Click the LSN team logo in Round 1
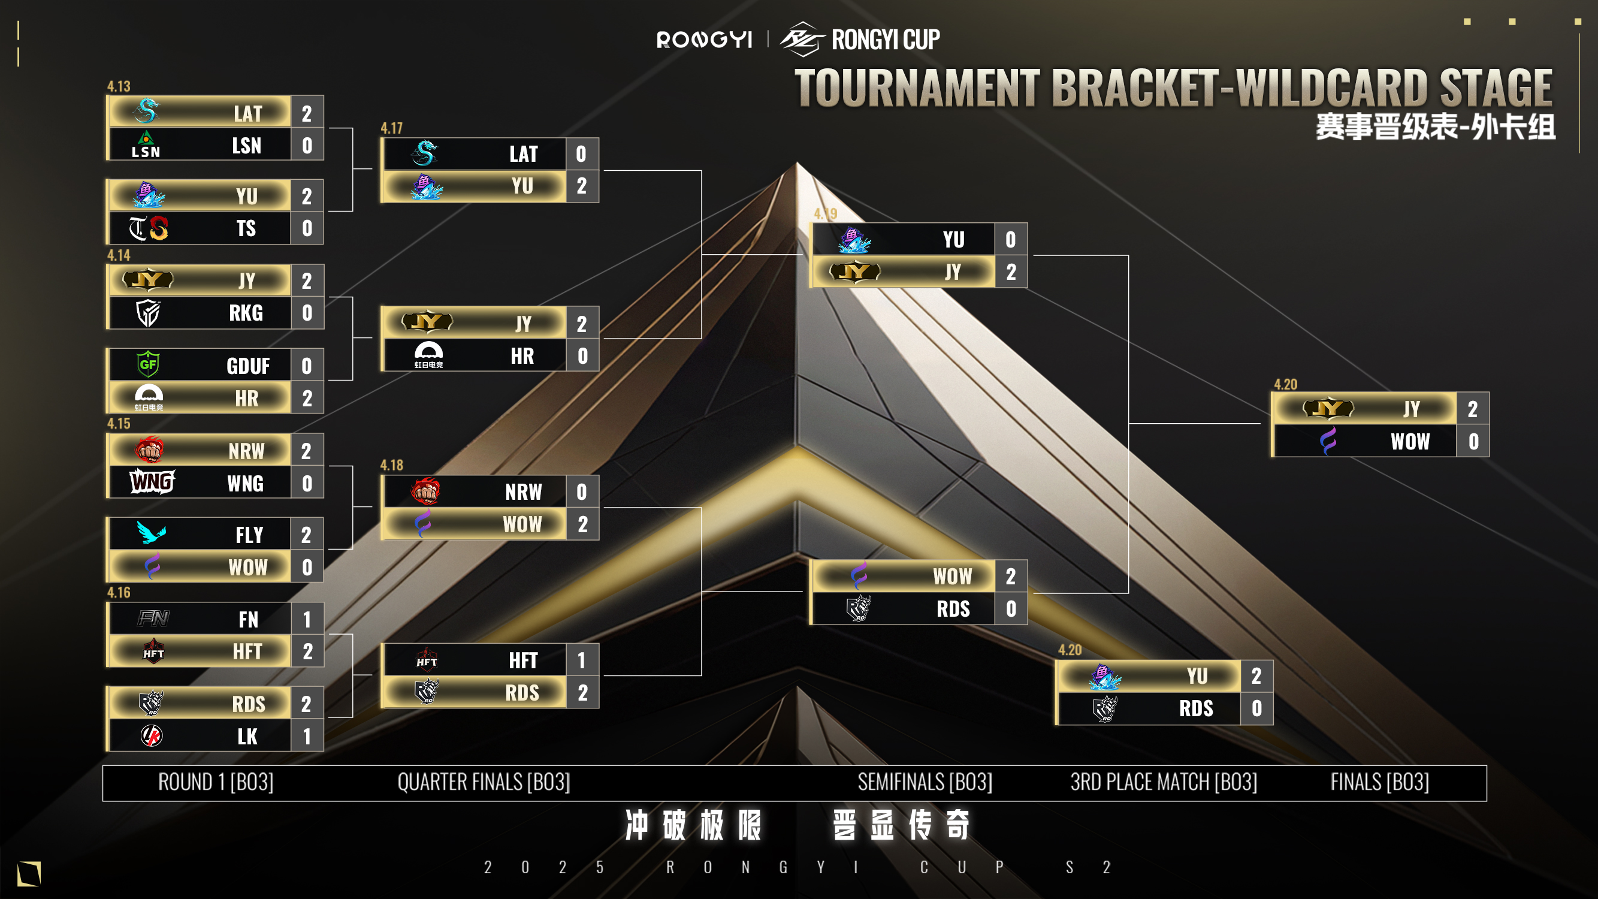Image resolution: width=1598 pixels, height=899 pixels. (x=146, y=144)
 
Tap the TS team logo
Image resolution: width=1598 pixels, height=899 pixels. (x=148, y=228)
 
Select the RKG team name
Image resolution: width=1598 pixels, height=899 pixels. (x=246, y=313)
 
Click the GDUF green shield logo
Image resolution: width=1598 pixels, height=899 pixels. (x=148, y=364)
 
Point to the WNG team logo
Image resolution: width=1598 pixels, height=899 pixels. (x=152, y=482)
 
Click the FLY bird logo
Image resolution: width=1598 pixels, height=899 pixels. (x=152, y=533)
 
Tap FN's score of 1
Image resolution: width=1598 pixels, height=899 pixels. (x=306, y=619)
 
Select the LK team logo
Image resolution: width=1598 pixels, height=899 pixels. (x=152, y=736)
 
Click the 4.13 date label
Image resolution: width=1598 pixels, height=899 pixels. (x=119, y=86)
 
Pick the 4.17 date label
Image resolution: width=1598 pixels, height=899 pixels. (x=391, y=128)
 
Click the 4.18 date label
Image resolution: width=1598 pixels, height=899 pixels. (x=391, y=465)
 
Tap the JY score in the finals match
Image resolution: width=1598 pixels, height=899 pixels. (x=1472, y=409)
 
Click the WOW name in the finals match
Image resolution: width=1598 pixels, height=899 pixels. (x=1409, y=442)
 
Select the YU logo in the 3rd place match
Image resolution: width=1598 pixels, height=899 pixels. (x=1104, y=675)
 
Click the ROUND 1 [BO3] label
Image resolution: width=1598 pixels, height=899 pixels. (x=216, y=782)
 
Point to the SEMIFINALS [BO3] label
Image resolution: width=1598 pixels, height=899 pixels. (x=925, y=782)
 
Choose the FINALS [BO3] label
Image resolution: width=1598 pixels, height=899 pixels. (x=1380, y=782)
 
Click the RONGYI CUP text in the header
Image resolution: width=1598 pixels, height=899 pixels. (x=885, y=40)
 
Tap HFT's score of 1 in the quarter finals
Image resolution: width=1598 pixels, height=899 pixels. (x=581, y=660)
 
